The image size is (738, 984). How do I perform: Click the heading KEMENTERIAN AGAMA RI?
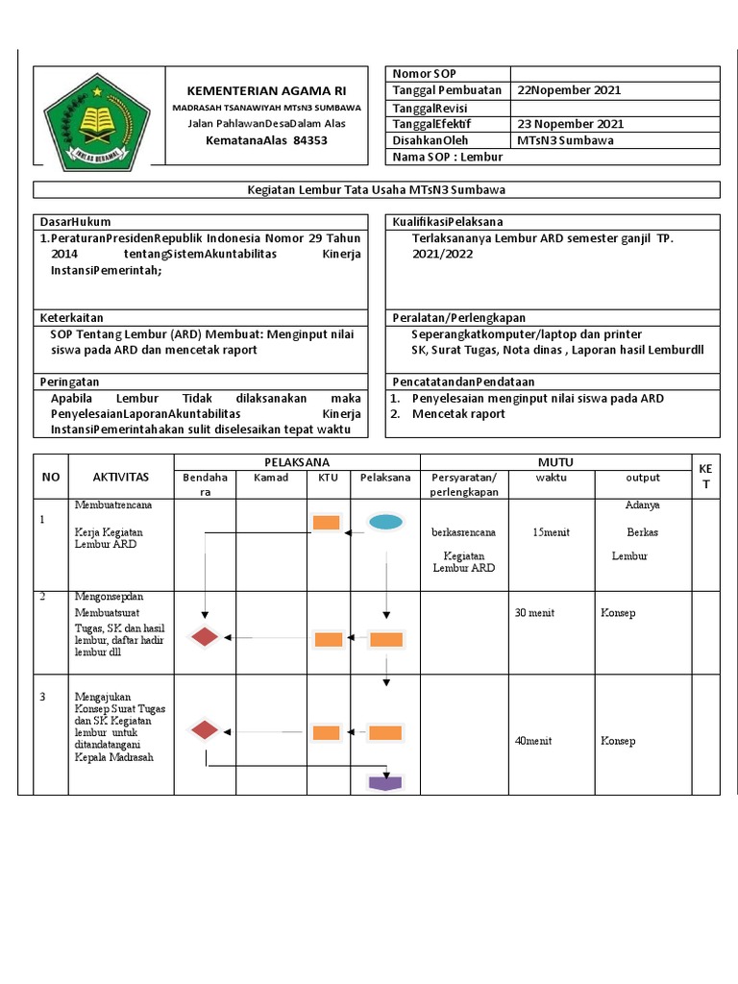(x=266, y=90)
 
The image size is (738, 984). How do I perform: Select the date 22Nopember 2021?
(x=569, y=90)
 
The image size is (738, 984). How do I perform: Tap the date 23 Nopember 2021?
(x=570, y=124)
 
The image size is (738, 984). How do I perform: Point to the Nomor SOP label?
(x=425, y=74)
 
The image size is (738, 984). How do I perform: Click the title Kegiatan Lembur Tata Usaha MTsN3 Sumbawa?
(x=377, y=189)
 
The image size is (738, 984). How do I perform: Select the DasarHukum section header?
(x=69, y=221)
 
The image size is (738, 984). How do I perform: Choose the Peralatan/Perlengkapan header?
(x=458, y=317)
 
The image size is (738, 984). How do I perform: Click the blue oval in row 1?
(x=385, y=523)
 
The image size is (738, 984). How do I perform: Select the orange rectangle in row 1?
(x=327, y=523)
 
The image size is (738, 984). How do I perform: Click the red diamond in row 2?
(x=205, y=636)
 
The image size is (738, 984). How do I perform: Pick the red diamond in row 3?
(x=205, y=730)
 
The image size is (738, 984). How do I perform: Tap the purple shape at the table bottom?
(x=385, y=781)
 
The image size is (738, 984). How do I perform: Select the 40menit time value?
(x=533, y=741)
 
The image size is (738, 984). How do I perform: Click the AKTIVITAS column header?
(x=120, y=478)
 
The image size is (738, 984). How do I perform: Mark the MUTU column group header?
(x=555, y=462)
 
